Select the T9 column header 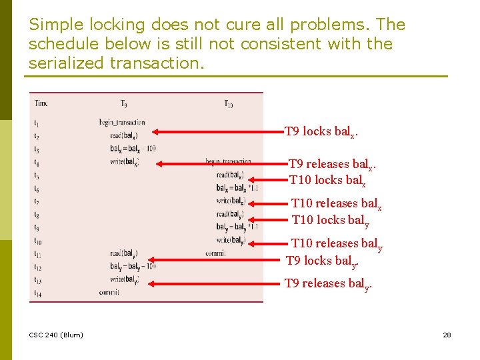(124, 103)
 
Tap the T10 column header (228, 103)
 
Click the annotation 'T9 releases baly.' (328, 284)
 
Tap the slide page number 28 (447, 335)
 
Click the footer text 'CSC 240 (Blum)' (56, 335)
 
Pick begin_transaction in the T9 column (121, 122)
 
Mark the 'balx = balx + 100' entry (133, 148)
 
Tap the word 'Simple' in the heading (53, 25)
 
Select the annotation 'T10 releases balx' (337, 204)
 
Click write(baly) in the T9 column (124, 279)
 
